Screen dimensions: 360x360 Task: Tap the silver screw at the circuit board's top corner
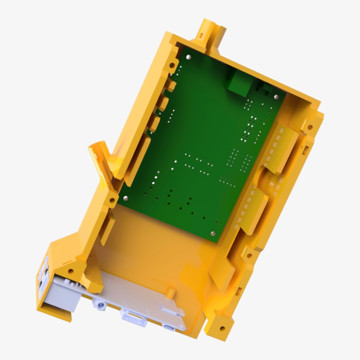(188, 57)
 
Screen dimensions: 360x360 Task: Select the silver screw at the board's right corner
(276, 97)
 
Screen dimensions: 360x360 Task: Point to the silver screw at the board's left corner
(126, 198)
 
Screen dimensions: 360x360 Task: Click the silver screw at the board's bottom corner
(213, 233)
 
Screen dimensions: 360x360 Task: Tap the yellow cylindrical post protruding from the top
(212, 33)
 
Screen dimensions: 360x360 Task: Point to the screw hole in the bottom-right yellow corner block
(222, 328)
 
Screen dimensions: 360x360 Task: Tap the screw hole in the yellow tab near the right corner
(310, 127)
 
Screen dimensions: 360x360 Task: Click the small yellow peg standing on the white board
(170, 292)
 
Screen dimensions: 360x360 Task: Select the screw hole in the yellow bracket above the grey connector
(70, 271)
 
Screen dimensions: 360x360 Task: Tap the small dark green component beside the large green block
(266, 88)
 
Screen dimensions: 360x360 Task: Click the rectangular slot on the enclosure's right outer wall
(306, 149)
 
